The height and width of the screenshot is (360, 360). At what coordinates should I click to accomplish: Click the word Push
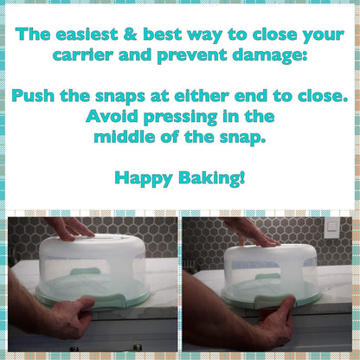(x=33, y=95)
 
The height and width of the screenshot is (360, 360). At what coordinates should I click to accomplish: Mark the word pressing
(x=181, y=118)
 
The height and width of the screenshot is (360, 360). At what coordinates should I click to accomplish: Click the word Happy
(x=144, y=178)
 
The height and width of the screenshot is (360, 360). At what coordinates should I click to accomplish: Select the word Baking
(x=212, y=178)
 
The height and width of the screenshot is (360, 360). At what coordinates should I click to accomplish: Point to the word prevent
(x=192, y=55)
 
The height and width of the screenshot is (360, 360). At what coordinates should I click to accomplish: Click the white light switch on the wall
(x=331, y=228)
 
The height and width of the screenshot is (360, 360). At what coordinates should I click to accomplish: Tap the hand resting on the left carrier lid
(x=71, y=228)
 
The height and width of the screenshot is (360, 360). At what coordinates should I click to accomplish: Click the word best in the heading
(x=162, y=35)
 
